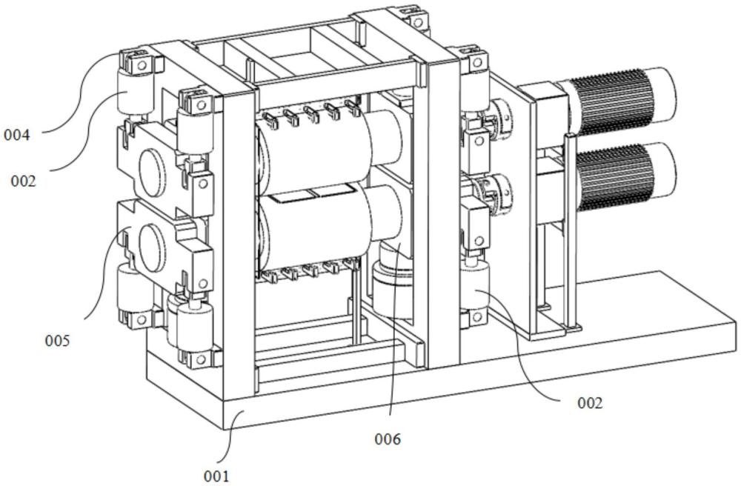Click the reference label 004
pos(16,136)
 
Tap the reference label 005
pos(57,340)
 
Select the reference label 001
pos(216,476)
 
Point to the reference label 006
pos(388,439)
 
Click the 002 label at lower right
pos(591,403)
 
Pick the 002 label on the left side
pos(24,181)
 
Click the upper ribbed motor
pos(619,100)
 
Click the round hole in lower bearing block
pos(151,248)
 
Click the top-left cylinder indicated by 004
pos(135,92)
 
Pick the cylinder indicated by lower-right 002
pos(476,289)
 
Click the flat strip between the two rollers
pos(312,194)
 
